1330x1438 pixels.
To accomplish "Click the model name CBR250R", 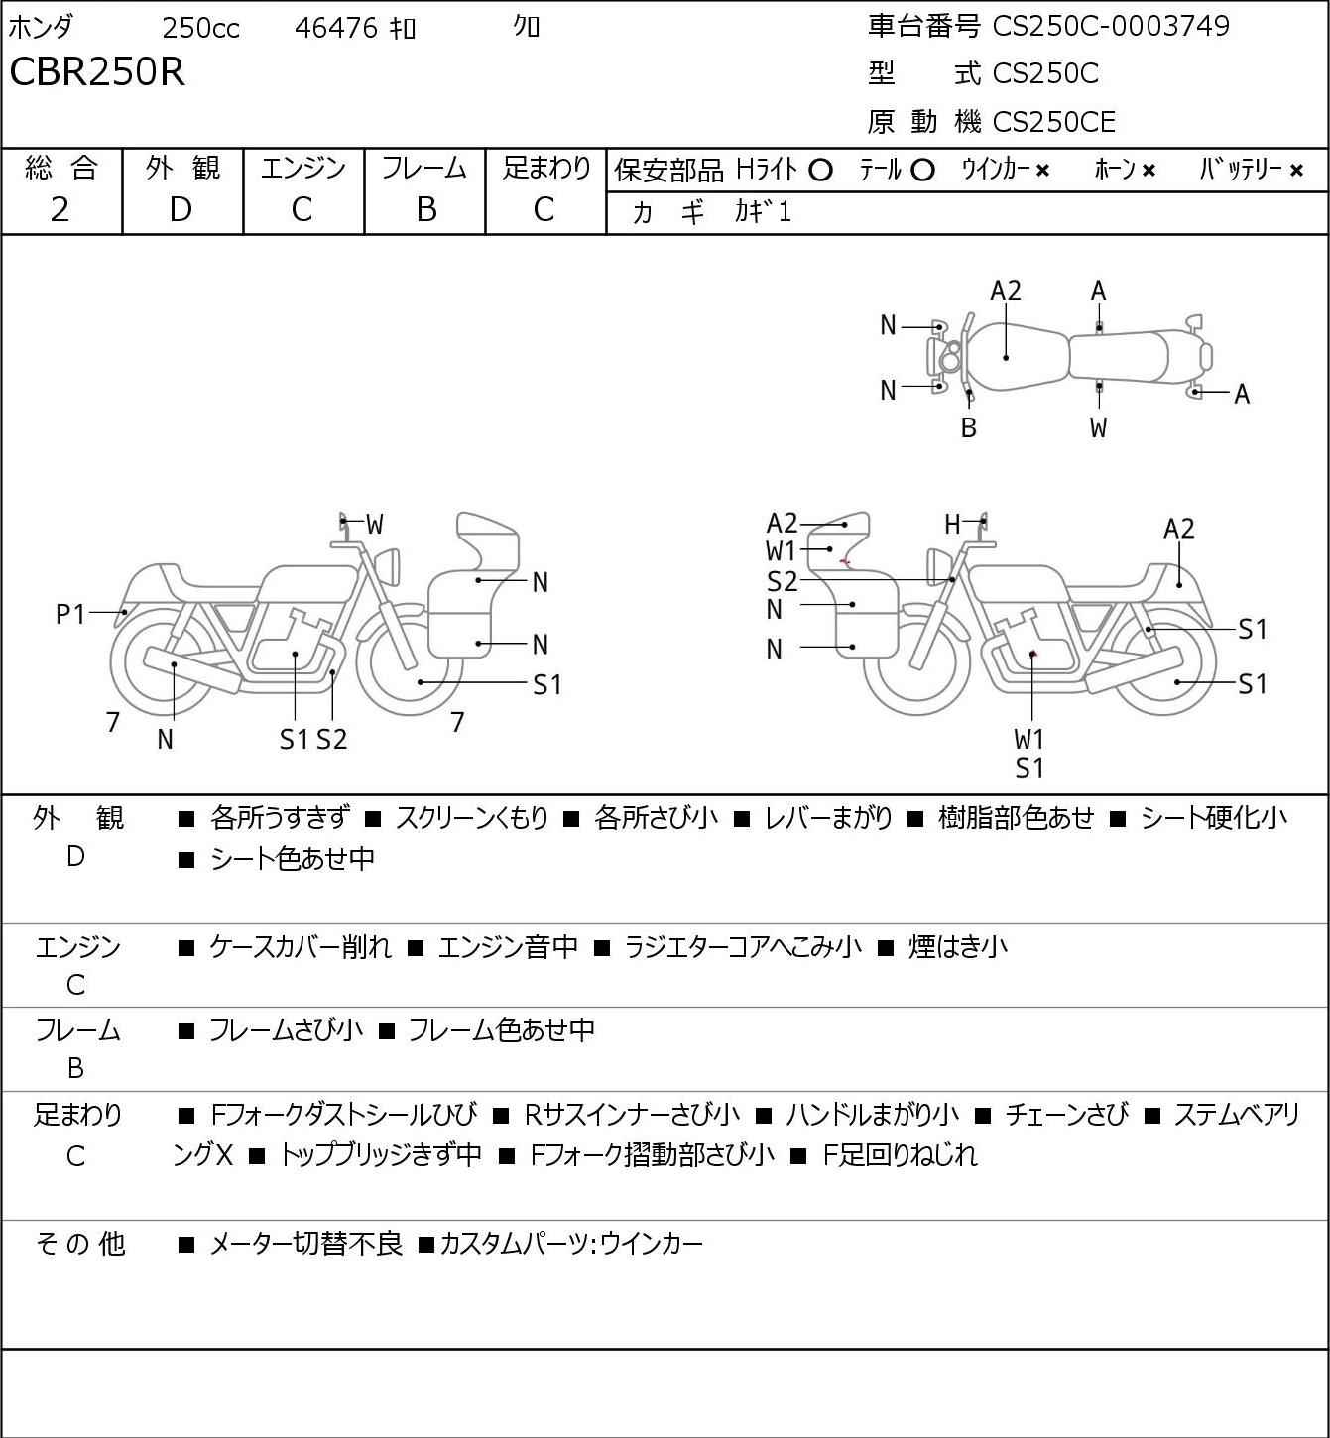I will pos(97,72).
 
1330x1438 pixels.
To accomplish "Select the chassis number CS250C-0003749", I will pos(1111,26).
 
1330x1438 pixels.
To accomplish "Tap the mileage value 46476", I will pos(335,28).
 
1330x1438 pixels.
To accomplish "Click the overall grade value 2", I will pos(60,209).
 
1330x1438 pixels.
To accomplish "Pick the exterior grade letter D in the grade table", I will pos(181,209).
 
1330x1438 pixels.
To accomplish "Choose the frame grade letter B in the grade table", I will pos(425,209).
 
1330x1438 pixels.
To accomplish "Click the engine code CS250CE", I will pos(1053,122).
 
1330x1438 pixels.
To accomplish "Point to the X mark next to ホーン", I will pos(1149,171).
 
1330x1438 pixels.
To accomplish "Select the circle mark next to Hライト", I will pos(820,171).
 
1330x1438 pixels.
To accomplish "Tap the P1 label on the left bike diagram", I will pos(70,615).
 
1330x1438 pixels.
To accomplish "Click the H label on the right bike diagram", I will pos(952,524).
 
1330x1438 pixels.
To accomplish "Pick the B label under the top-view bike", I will pos(969,427).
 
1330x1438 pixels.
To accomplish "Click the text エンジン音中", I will pos(508,947).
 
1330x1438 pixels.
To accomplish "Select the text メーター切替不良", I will pos(305,1243).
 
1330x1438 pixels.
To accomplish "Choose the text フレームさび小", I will pos(286,1030).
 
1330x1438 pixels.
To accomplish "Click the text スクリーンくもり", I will pos(471,818).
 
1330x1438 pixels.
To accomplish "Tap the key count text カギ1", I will pos(763,212).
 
